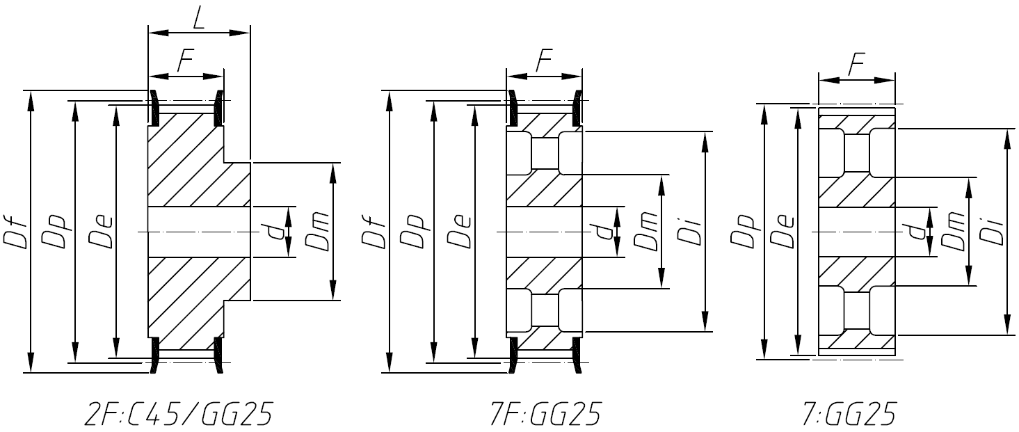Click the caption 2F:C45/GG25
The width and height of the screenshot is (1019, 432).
(x=177, y=415)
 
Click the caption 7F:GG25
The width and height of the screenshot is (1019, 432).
(x=544, y=415)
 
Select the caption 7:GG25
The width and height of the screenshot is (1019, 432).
(x=849, y=415)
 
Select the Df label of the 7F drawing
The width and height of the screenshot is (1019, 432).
(x=373, y=232)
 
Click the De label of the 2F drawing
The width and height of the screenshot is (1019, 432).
(x=100, y=232)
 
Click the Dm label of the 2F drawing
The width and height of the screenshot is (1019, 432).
(x=316, y=232)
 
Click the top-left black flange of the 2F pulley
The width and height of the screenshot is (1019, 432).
(x=154, y=104)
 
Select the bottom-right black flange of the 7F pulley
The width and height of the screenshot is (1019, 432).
(x=577, y=355)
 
